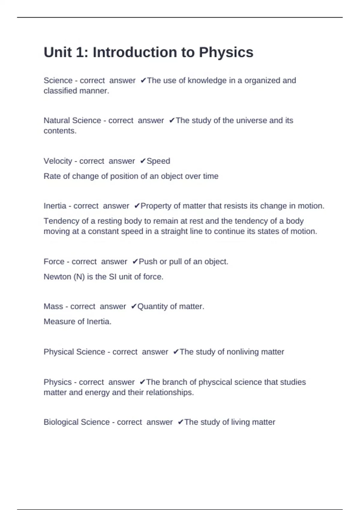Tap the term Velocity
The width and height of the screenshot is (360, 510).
[58, 161]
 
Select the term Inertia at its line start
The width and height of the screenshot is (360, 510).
[55, 206]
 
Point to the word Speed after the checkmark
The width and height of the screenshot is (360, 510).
[158, 161]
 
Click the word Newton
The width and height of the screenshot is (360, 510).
[57, 277]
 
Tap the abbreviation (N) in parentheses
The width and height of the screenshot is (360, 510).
[79, 277]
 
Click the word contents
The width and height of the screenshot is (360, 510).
[60, 131]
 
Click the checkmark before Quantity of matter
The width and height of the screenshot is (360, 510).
[134, 307]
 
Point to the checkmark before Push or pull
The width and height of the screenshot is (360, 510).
[135, 262]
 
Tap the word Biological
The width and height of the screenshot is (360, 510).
[61, 422]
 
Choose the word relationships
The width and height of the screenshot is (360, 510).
[169, 392]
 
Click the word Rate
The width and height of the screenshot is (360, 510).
[52, 176]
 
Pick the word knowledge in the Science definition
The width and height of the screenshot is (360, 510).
[207, 81]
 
